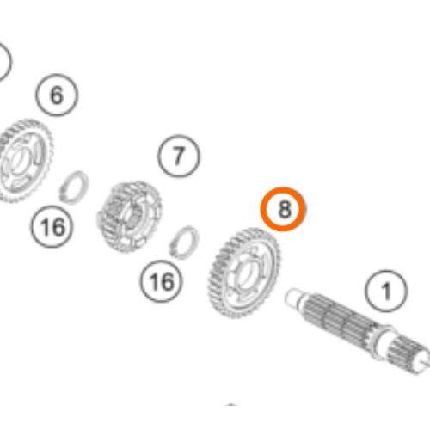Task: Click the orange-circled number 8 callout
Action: (283, 210)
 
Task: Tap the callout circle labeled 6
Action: (57, 95)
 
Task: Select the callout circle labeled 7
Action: (178, 157)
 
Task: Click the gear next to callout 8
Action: (244, 268)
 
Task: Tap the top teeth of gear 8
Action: (249, 230)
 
